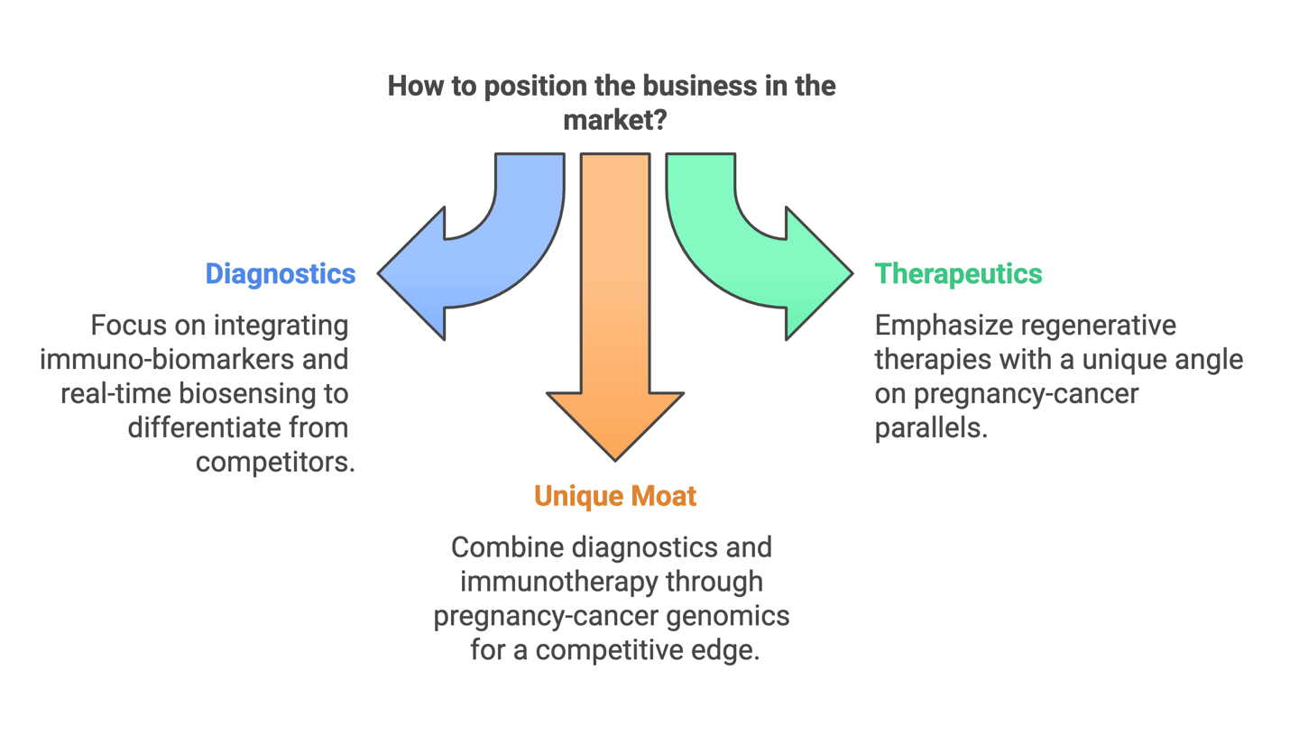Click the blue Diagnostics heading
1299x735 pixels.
coord(280,274)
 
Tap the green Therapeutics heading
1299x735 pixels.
coord(958,274)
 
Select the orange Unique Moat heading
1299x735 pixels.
coord(614,496)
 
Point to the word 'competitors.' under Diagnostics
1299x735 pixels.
coord(273,462)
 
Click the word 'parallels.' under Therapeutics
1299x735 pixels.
coord(931,427)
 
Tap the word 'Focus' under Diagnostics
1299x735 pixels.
coord(123,325)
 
